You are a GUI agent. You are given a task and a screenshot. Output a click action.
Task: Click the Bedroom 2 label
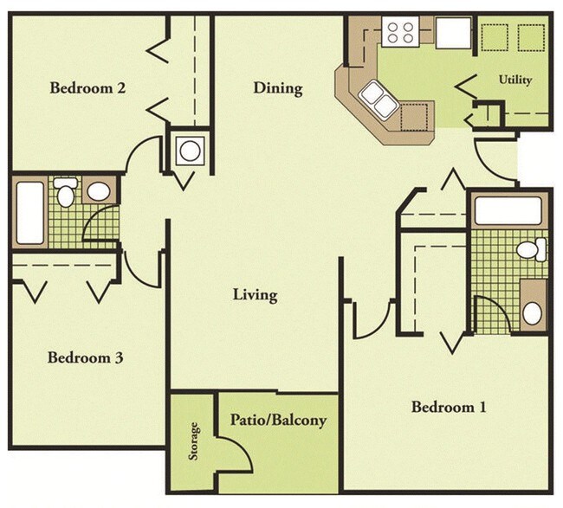click(88, 87)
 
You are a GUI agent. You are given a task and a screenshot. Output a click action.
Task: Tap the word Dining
click(277, 88)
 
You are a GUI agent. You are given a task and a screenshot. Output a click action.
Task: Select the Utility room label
click(515, 80)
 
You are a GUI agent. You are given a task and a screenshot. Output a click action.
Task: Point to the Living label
click(255, 295)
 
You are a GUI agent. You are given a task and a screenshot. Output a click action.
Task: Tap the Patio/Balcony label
click(278, 421)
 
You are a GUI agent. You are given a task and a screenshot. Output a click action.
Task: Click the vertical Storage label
click(194, 441)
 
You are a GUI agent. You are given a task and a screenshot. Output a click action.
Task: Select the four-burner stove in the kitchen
click(400, 33)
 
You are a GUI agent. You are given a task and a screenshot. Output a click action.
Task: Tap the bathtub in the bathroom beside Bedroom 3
click(29, 212)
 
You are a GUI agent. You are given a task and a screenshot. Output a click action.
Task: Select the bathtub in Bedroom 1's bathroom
click(507, 210)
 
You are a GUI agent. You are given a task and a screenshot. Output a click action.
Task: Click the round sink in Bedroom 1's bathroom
click(532, 311)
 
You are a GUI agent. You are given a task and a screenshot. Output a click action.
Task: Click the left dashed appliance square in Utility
click(495, 38)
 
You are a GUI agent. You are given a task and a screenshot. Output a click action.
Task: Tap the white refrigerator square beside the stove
click(452, 33)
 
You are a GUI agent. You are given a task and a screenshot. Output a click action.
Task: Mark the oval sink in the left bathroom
click(100, 190)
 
